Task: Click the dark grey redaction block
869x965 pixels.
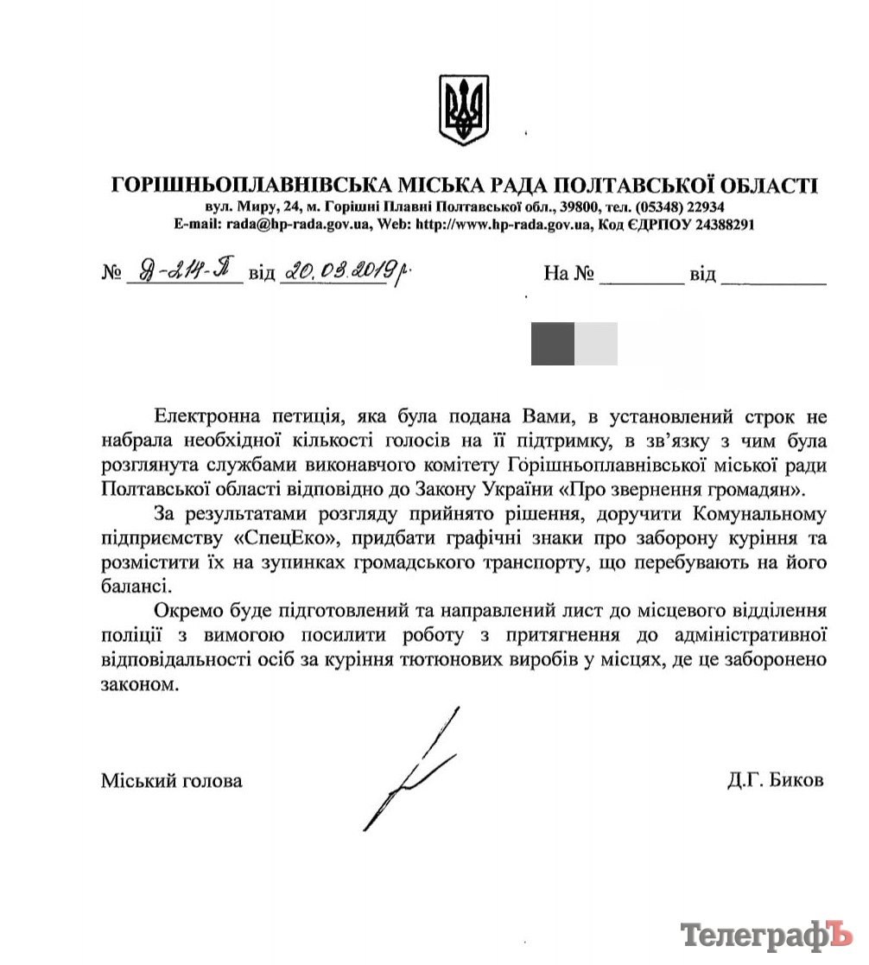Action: coord(552,344)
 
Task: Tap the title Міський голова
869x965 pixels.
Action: coord(172,780)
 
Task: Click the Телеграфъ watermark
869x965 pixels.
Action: coord(764,936)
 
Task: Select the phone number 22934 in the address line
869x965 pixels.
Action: coord(703,207)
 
